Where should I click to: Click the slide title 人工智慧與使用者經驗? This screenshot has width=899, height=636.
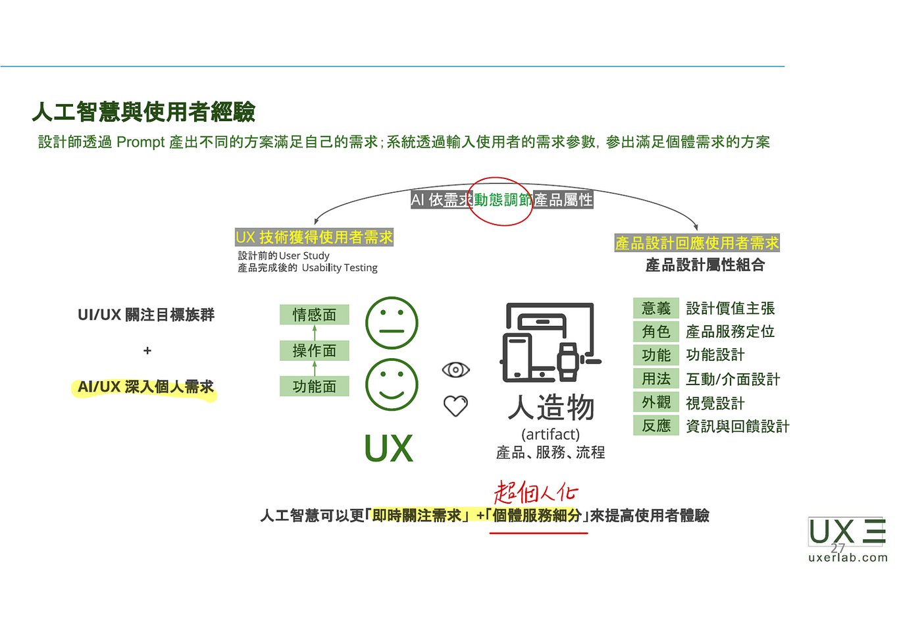(143, 112)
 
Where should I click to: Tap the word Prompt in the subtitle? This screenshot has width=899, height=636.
(140, 142)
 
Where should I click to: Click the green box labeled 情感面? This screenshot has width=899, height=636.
(314, 315)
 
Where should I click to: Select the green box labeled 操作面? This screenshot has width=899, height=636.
(314, 350)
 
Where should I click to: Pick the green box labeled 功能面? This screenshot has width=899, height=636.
(314, 386)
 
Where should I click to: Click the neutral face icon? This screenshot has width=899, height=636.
(392, 323)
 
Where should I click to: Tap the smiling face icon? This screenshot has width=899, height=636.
(392, 384)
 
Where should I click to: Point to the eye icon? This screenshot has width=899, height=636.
(455, 369)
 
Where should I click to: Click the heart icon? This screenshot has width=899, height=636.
(455, 406)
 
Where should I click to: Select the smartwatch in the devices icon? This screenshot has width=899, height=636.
(568, 361)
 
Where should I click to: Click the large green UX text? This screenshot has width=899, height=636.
(388, 448)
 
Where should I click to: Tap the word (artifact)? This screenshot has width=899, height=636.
(550, 435)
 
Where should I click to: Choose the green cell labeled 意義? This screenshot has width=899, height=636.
(655, 308)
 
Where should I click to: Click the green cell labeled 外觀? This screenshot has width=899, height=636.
(655, 402)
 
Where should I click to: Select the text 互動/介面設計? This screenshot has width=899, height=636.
(733, 379)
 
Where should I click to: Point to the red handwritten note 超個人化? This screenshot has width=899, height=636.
(536, 492)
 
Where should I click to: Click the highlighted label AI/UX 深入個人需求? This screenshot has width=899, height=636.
(145, 386)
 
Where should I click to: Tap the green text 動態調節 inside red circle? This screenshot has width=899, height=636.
(503, 199)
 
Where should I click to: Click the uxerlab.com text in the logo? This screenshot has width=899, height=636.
(848, 558)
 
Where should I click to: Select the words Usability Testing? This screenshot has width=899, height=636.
(340, 268)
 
